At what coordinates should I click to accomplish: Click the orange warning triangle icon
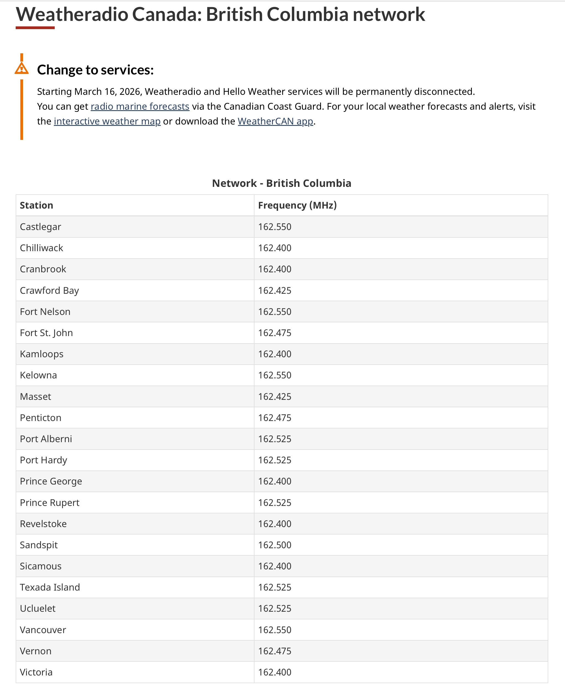click(21, 69)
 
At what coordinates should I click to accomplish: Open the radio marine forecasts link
click(140, 106)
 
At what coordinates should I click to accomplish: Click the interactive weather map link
click(107, 121)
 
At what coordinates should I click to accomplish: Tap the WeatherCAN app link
click(275, 121)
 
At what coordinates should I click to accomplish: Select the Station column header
click(37, 205)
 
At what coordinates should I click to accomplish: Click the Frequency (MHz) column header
click(297, 205)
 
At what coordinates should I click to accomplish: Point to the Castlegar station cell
click(40, 227)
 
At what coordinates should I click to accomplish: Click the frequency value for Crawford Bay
click(275, 290)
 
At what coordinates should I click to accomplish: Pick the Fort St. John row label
click(46, 333)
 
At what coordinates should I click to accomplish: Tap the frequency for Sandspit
click(275, 545)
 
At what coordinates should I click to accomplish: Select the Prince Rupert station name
click(49, 503)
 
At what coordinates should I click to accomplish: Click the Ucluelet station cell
click(38, 608)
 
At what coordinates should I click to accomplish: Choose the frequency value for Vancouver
click(275, 630)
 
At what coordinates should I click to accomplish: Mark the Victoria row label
click(36, 672)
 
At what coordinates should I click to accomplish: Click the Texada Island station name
click(50, 587)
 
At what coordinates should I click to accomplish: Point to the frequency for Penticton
click(275, 418)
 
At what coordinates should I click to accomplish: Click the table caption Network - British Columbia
click(281, 183)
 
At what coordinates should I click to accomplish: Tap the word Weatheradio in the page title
click(72, 14)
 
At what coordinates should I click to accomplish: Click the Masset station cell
click(35, 397)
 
